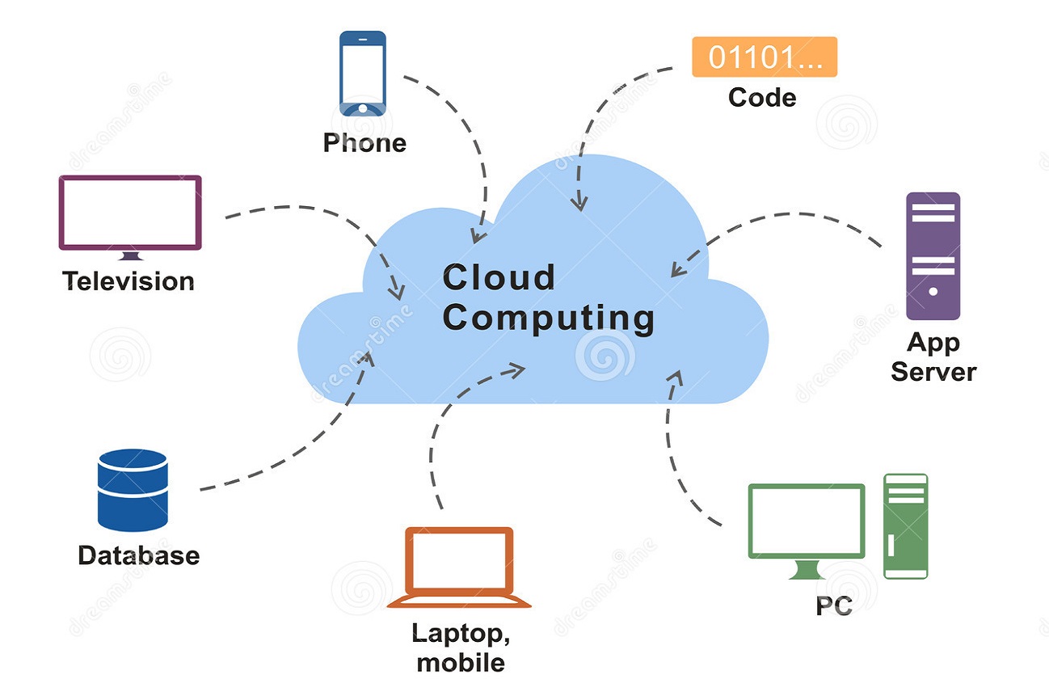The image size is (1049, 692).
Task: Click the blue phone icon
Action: click(362, 73)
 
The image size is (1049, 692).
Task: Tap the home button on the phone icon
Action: click(362, 108)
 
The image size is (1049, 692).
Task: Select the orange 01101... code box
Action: click(764, 57)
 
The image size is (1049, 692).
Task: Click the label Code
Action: click(762, 98)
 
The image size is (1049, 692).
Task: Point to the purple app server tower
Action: click(933, 255)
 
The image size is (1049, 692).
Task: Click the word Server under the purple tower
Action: click(933, 372)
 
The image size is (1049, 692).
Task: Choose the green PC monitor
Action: click(806, 521)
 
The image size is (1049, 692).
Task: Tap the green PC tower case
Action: click(905, 525)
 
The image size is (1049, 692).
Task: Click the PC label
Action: click(833, 605)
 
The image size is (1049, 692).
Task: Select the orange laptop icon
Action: click(459, 567)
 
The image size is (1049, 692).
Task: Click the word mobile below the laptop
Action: click(461, 663)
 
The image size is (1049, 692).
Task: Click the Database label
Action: click(138, 555)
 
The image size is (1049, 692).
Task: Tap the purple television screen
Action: click(129, 213)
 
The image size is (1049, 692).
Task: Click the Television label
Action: click(128, 281)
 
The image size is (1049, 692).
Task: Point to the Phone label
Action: click(364, 143)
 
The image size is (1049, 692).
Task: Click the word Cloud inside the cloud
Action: click(499, 277)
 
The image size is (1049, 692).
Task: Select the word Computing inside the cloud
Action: click(548, 318)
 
